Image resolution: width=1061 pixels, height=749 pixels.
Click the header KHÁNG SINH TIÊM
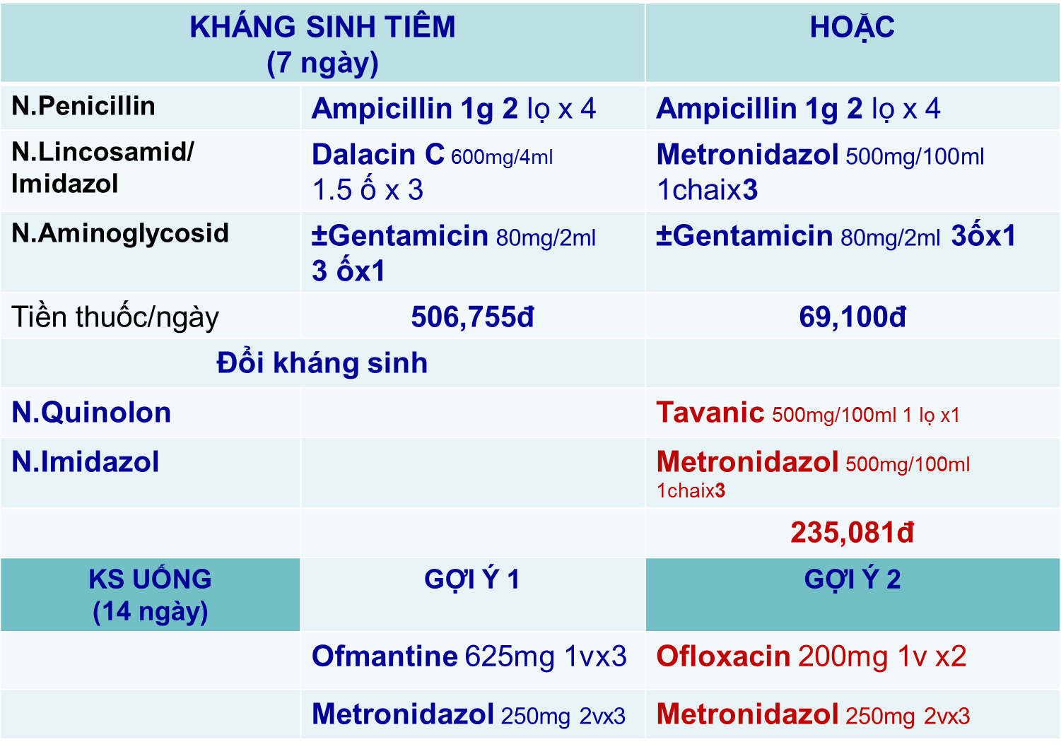322,27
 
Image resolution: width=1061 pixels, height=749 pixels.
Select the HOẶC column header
852,27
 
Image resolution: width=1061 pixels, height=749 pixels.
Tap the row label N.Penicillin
83,105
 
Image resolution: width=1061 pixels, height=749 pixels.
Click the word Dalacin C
378,154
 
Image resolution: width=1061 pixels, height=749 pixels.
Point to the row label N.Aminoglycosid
120,234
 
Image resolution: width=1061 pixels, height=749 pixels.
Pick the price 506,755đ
472,317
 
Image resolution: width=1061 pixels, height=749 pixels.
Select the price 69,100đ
852,317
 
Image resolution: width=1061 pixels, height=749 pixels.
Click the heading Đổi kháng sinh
322,363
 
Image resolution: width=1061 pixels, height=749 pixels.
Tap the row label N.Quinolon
91,413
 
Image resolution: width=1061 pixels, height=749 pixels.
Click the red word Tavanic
710,412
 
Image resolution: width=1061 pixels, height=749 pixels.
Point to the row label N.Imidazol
86,461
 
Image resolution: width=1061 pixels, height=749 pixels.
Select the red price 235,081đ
852,533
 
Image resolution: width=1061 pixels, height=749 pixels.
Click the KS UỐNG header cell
150,595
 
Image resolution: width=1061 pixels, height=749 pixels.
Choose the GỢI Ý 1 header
472,579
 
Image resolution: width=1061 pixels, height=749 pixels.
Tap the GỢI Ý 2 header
852,579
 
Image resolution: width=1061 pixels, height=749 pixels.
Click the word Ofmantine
385,656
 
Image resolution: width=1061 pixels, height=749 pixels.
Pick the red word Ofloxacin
723,656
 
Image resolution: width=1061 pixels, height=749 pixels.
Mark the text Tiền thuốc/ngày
115,317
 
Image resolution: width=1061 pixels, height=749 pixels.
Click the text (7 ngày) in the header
322,64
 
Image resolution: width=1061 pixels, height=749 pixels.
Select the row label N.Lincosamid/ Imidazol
102,168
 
